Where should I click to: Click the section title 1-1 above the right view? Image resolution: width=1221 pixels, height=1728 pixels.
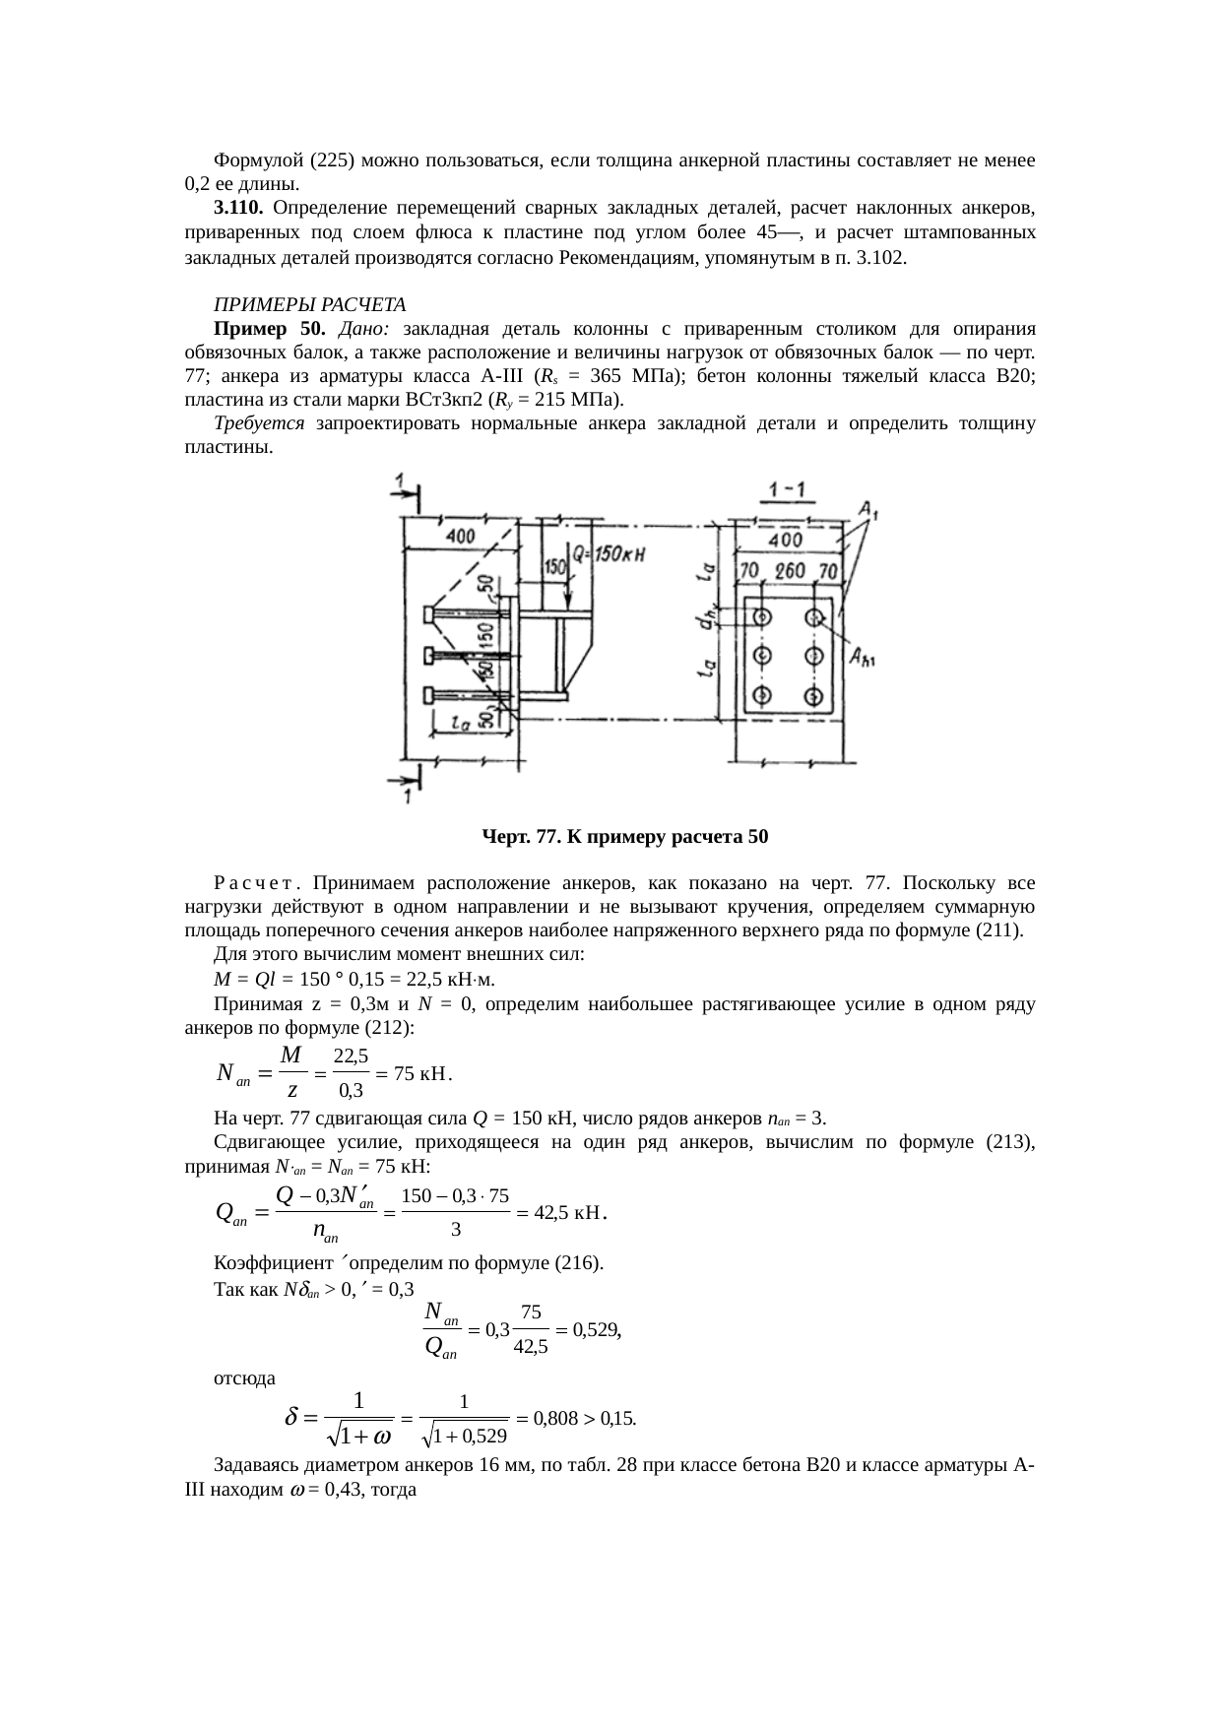pos(786,489)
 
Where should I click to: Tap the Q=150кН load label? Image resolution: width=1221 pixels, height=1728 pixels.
pos(609,554)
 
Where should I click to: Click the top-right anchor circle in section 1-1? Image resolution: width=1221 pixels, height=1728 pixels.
pos(813,618)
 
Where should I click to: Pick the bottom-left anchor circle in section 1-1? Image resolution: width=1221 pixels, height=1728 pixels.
pos(761,696)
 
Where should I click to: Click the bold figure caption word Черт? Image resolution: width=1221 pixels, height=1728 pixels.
pos(506,837)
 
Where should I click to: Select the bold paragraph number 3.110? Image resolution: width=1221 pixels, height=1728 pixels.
pos(237,208)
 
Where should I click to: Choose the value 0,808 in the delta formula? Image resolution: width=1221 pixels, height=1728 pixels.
pos(554,1419)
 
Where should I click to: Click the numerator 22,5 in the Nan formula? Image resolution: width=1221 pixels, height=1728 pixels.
pos(352,1056)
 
